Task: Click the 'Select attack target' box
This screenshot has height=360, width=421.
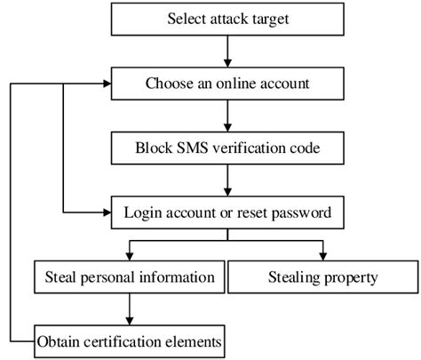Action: (227, 18)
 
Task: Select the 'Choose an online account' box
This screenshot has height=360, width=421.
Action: (227, 84)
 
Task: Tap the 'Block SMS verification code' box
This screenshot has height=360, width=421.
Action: (227, 148)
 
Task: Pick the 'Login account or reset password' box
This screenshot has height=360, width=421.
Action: (227, 213)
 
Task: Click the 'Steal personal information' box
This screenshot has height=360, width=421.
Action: (129, 277)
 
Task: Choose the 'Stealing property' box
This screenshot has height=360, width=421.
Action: (322, 277)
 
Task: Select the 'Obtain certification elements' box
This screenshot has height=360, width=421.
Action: (129, 340)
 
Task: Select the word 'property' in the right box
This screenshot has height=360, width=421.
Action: (349, 277)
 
